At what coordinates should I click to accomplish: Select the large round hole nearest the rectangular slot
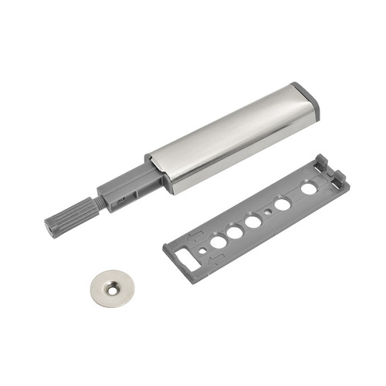[218, 242]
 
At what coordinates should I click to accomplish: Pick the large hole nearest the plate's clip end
[309, 188]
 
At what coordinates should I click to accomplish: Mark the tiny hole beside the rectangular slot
[202, 250]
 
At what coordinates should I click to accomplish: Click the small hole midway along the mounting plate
[268, 212]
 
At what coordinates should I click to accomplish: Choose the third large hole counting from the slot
[252, 222]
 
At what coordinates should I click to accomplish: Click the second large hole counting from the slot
[235, 232]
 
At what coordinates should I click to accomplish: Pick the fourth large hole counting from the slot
[283, 204]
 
